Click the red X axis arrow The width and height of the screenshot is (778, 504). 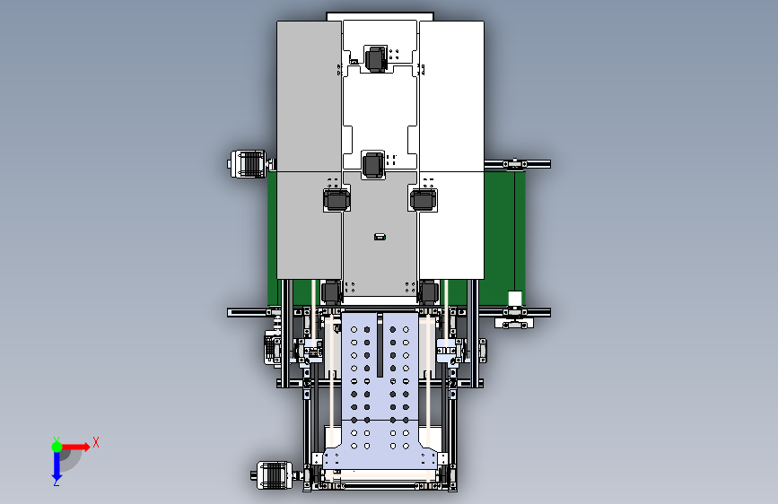coord(74,447)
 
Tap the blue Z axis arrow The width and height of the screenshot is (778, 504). coord(57,467)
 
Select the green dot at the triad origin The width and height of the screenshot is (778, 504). coord(57,447)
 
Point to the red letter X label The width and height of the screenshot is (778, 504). coord(96,442)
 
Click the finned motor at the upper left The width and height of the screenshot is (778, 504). coord(248,163)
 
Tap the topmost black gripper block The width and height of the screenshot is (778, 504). coord(376,59)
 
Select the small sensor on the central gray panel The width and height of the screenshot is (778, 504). coord(380,237)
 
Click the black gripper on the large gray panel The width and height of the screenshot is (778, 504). coord(337,199)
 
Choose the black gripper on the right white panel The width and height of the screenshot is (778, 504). coord(424,199)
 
